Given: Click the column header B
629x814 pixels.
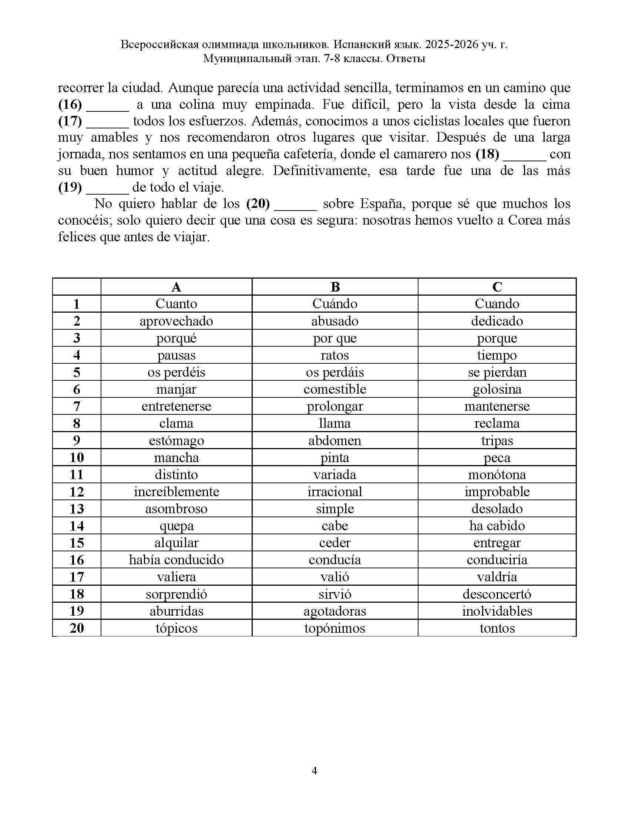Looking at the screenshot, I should pos(334,287).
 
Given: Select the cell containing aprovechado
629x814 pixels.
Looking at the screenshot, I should pos(176,321).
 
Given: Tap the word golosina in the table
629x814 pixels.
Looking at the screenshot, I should pos(497,389).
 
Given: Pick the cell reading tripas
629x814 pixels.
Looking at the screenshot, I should pos(497,441).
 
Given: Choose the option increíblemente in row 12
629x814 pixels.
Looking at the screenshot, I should pos(176,492).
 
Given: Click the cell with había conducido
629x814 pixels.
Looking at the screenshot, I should pos(176,560).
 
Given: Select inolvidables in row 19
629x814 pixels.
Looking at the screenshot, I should pos(497,611).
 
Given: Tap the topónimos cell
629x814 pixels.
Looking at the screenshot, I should pos(334,628).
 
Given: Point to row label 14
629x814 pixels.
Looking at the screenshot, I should pos(77,526).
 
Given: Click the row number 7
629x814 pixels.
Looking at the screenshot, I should pos(77,406).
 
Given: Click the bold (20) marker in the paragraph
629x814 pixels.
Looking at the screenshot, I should pos(258,204).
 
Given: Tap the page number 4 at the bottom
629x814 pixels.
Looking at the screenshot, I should pos(314,770).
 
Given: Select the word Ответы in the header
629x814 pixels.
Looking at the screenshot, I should pos(406,58).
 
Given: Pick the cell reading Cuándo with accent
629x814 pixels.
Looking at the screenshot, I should pos(334,304).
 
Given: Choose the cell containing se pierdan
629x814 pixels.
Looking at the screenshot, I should pos(497,372).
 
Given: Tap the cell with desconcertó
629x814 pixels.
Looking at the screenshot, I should pos(497,594).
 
